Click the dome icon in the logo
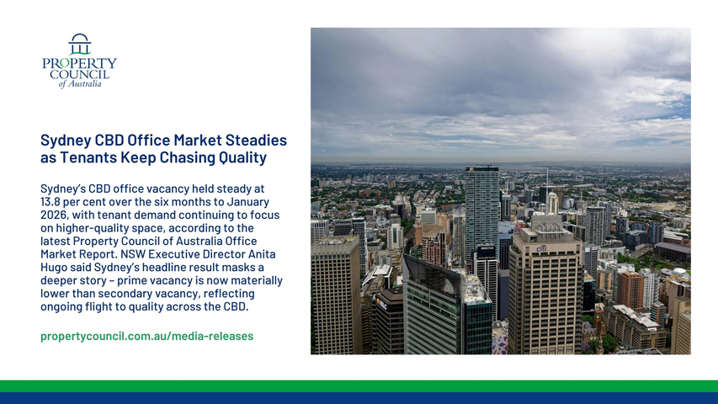pos(80,44)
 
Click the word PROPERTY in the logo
pos(80,63)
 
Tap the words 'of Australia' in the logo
pos(80,84)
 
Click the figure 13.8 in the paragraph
pos(50,201)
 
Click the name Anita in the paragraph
pos(262,253)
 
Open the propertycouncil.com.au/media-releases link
pos(147,336)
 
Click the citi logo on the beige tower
pos(542,248)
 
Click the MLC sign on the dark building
pos(381,302)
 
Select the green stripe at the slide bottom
pos(359,385)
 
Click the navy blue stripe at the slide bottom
pos(359,398)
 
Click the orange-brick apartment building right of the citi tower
pos(631,290)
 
